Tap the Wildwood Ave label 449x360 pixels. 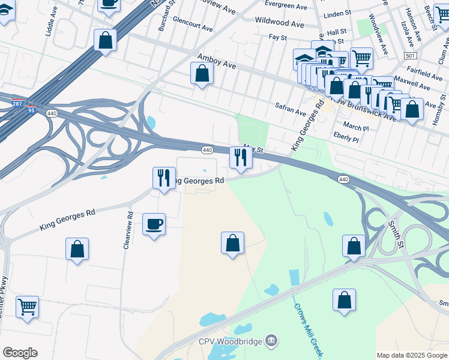click(280, 23)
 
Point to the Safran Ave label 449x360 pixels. click(292, 109)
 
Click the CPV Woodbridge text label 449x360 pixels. click(231, 341)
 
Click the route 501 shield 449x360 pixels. click(411, 56)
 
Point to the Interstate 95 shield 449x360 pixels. click(31, 110)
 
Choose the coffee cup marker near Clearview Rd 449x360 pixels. click(154, 224)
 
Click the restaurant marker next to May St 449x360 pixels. click(241, 158)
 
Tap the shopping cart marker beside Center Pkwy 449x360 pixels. click(28, 307)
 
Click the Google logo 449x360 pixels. click(20, 353)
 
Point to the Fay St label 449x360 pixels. click(278, 37)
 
